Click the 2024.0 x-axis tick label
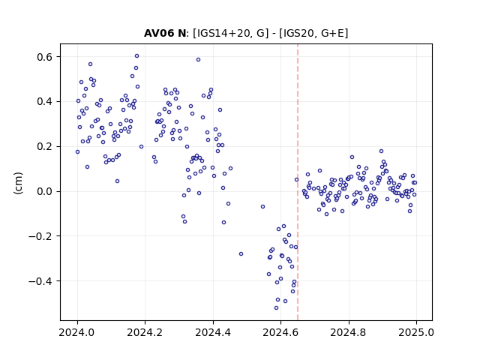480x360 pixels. [77, 332]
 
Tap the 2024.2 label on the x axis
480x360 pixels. [145, 332]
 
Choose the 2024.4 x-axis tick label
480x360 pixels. [213, 332]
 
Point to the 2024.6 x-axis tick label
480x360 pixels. [280, 332]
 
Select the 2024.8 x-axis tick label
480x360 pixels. [349, 332]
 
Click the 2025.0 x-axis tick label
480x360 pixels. [416, 332]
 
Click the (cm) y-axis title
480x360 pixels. [18, 183]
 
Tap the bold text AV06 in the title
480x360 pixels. [156, 33]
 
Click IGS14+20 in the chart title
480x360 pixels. [221, 33]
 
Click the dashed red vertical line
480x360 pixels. [298, 182]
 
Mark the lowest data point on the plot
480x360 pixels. [277, 308]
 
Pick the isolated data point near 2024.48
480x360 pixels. [241, 254]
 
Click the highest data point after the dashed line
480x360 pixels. [381, 151]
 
